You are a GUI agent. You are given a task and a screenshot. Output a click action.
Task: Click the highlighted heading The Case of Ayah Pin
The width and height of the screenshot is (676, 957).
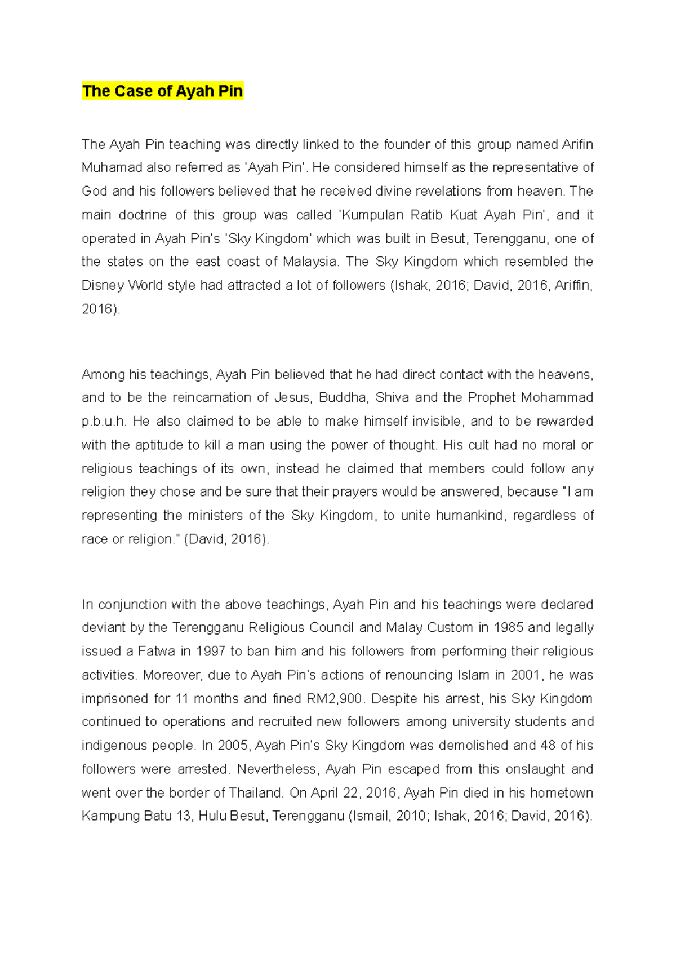point(162,91)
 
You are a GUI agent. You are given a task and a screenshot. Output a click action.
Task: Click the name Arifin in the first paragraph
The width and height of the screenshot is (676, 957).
point(577,144)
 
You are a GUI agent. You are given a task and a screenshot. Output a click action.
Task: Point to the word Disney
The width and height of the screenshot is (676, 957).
point(103,285)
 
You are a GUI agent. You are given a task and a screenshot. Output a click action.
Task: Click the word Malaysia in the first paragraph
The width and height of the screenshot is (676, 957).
point(310,262)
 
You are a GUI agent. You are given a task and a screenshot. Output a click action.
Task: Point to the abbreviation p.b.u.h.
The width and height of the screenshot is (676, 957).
point(104,422)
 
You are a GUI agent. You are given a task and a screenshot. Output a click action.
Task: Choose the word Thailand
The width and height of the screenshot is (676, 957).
point(256,792)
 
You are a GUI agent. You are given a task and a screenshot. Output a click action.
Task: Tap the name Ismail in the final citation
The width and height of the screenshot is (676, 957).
point(370,816)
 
